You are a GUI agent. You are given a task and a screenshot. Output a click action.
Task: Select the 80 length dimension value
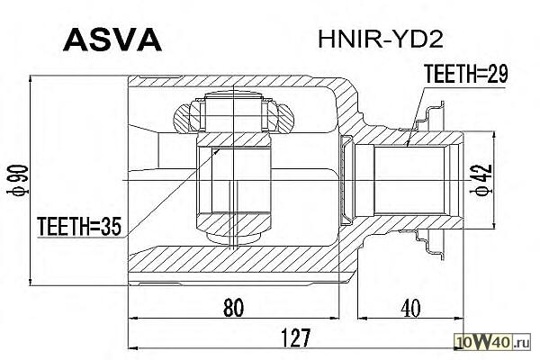click(x=233, y=308)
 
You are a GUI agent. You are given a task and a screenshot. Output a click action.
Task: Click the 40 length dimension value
click(x=410, y=308)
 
